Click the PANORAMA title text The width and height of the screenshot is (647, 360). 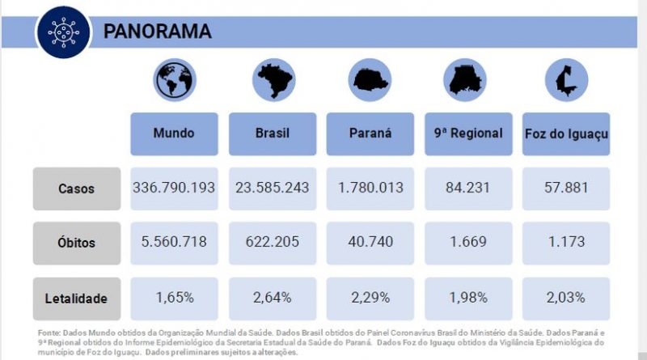tap(157, 32)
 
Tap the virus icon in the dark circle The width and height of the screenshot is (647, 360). tap(63, 31)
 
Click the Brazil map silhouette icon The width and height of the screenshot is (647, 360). tap(273, 80)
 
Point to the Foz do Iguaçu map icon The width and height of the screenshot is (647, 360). tap(565, 80)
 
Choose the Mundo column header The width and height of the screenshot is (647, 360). tap(174, 133)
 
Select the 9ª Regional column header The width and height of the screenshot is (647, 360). tap(468, 133)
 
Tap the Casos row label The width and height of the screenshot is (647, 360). tap(76, 188)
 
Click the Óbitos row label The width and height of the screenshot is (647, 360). tap(76, 242)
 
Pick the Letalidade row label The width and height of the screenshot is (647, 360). tap(76, 298)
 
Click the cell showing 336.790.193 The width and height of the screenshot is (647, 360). tap(174, 188)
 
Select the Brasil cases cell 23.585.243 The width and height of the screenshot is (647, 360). tap(272, 188)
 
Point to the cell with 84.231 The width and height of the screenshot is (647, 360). tap(468, 188)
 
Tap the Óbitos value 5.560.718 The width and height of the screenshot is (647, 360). tap(174, 242)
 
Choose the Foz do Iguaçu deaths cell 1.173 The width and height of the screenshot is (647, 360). tap(565, 242)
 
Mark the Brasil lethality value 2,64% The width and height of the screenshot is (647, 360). tap(272, 297)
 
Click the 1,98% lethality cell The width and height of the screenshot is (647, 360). tap(468, 297)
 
